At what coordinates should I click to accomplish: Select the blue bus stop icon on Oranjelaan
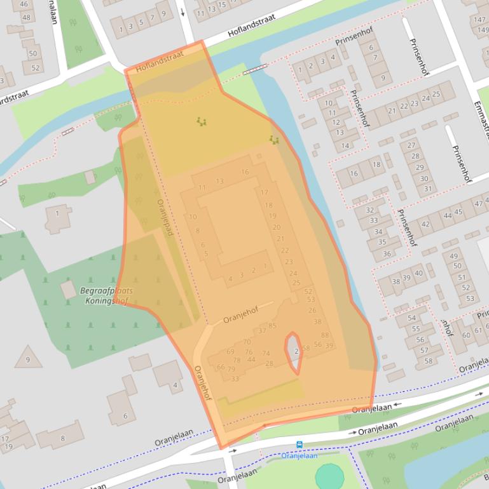pos(299,445)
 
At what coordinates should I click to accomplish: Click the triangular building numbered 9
pos(28,359)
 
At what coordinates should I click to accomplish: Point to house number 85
pos(272,326)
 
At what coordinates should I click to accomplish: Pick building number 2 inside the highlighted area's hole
pos(296,351)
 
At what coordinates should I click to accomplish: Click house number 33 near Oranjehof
pos(235,378)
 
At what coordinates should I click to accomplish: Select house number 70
pos(247,342)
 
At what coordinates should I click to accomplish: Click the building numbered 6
pos(124,416)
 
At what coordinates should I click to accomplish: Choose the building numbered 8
pos(62,438)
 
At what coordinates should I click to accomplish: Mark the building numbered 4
pos(174,385)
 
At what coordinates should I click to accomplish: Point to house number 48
pos(26,17)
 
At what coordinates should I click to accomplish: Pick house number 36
pos(387,254)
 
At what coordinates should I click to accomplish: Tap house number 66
pos(221,367)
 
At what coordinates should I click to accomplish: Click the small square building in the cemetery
pos(69,290)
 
